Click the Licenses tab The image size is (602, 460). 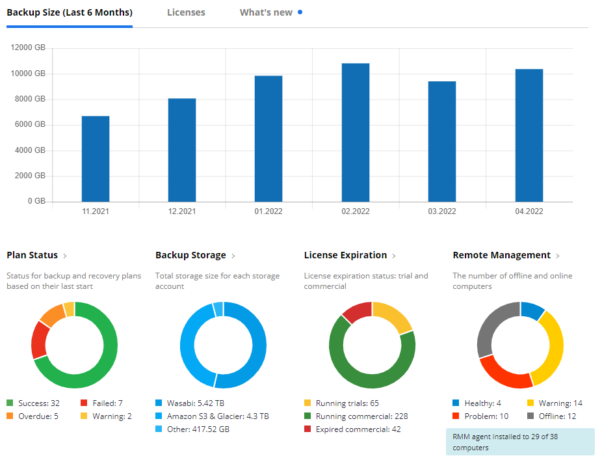tap(186, 12)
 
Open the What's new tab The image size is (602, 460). tap(266, 12)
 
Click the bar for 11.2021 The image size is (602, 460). tap(96, 159)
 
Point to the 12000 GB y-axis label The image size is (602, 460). tap(29, 48)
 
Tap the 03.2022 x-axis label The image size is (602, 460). tap(442, 211)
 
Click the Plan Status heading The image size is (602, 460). tap(33, 255)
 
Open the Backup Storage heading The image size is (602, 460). tap(190, 255)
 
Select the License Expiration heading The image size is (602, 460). tap(345, 255)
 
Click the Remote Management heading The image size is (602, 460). tap(501, 255)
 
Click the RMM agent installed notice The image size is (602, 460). tap(519, 442)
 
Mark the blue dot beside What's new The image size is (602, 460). tap(300, 12)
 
